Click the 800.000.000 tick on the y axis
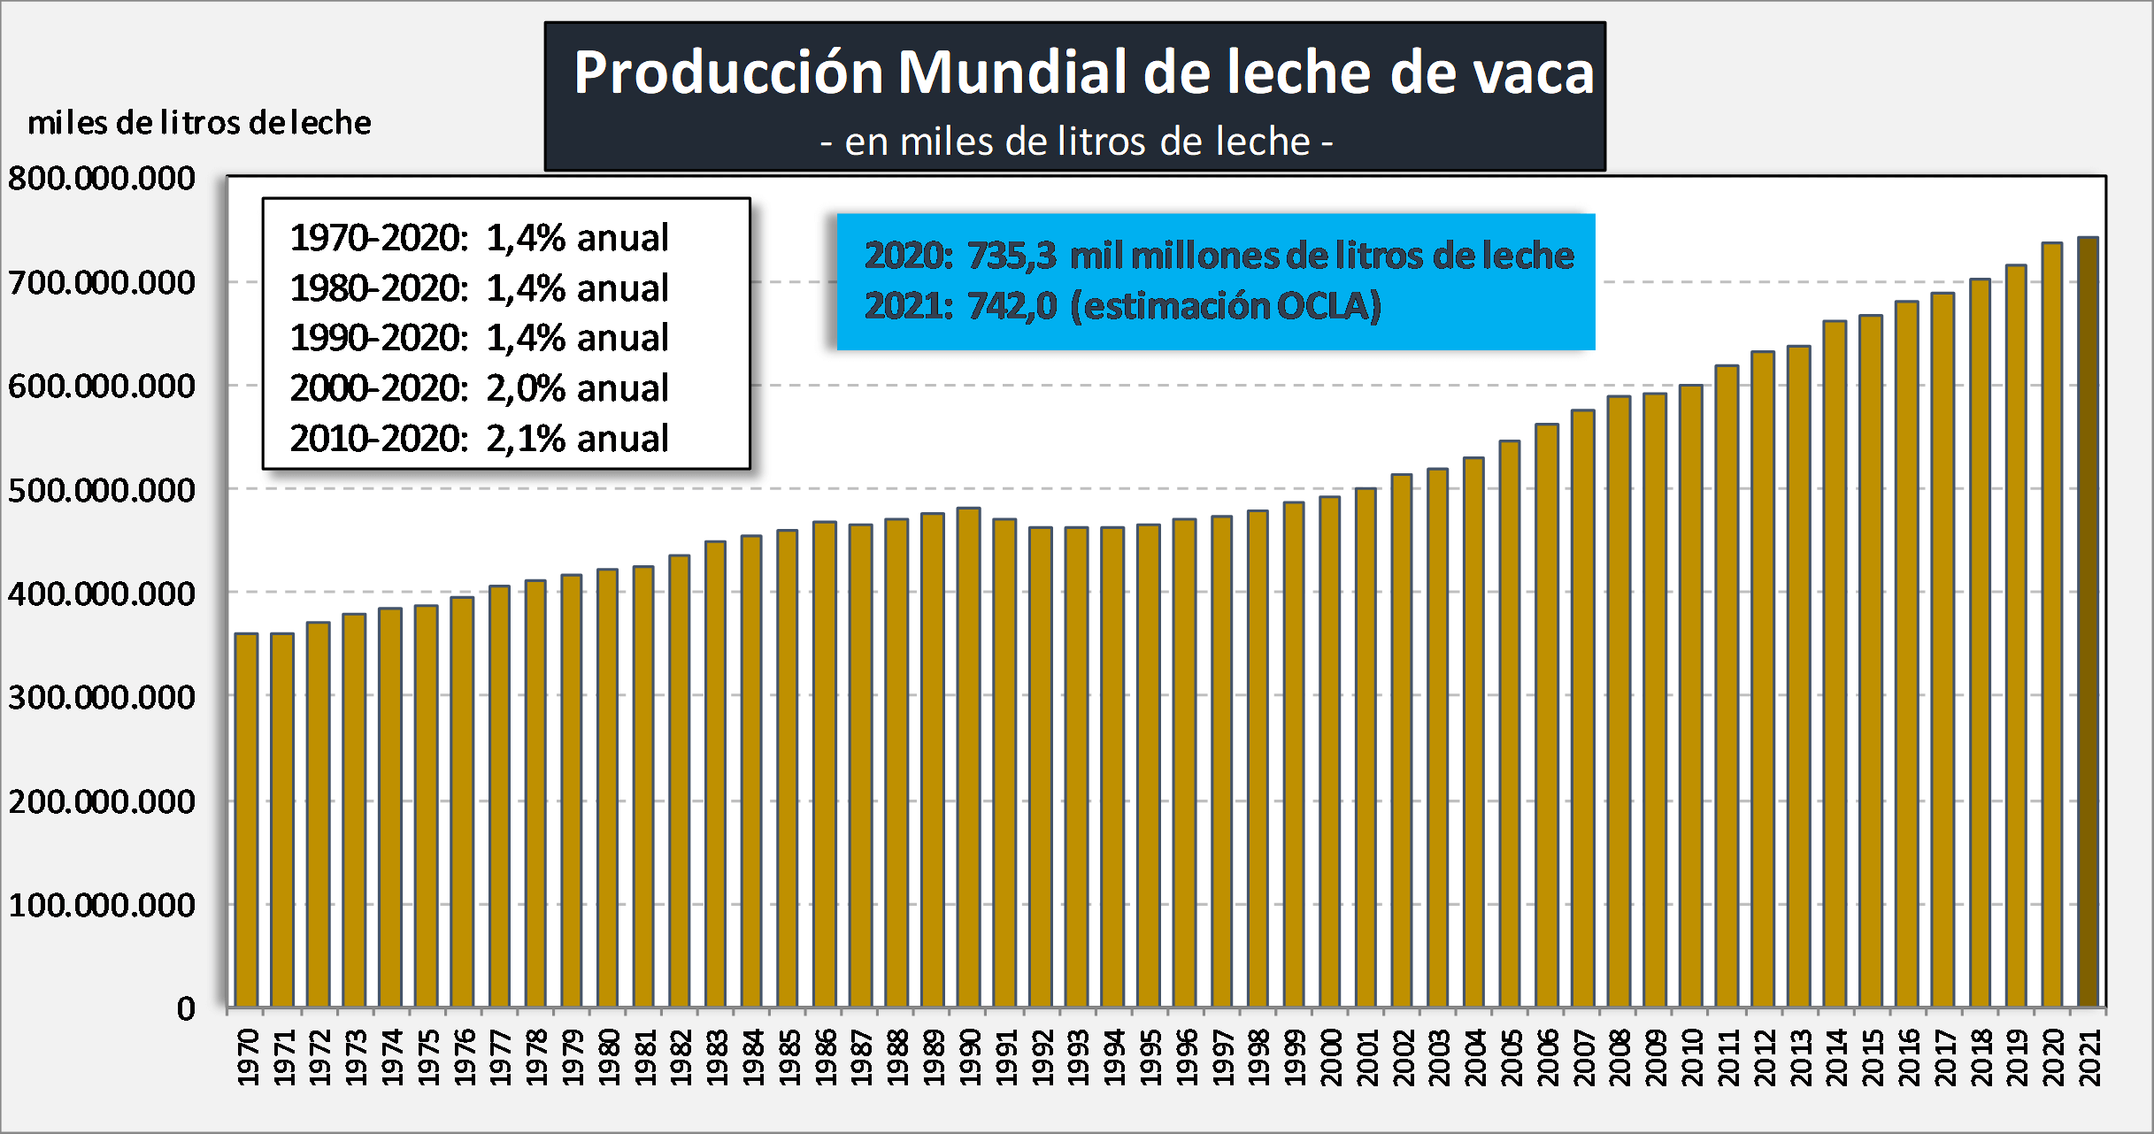pyautogui.click(x=102, y=179)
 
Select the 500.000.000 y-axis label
pyautogui.click(x=102, y=490)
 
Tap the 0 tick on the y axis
pyautogui.click(x=186, y=1008)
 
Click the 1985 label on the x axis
pyautogui.click(x=789, y=1057)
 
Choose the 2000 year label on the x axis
pyautogui.click(x=1330, y=1057)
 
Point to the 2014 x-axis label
pyautogui.click(x=1835, y=1057)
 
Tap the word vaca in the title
pyautogui.click(x=1534, y=73)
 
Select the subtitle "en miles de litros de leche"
pyautogui.click(x=1076, y=142)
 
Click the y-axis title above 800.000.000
pyautogui.click(x=199, y=122)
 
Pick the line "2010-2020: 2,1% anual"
pyautogui.click(x=479, y=439)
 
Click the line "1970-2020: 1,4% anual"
pyautogui.click(x=479, y=238)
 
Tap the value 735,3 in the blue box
pyautogui.click(x=1012, y=256)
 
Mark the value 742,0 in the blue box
pyautogui.click(x=1012, y=306)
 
